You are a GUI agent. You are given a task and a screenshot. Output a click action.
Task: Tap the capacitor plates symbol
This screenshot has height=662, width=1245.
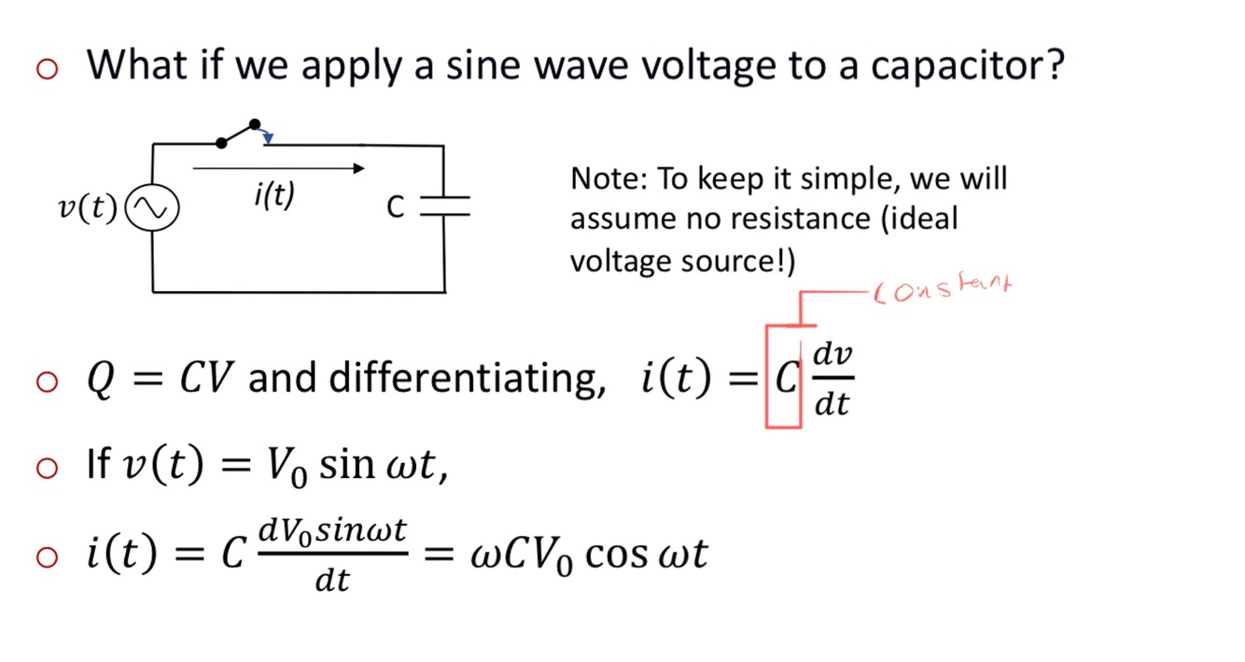click(x=444, y=207)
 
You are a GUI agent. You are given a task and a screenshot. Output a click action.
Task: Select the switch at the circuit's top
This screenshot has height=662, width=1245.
click(x=239, y=134)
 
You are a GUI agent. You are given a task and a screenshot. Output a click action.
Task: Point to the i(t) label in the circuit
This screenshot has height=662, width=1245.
click(x=273, y=195)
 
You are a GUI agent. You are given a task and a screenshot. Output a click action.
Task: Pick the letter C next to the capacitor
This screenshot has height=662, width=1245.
click(x=396, y=208)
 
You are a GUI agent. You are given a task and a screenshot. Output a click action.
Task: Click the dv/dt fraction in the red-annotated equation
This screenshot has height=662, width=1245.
click(x=832, y=378)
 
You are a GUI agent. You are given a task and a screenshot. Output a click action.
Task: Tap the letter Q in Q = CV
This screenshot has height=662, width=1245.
click(x=100, y=378)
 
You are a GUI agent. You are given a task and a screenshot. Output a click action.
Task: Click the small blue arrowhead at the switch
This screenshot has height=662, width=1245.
click(x=268, y=139)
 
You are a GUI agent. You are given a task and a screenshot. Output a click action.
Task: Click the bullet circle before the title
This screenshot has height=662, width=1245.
click(x=48, y=67)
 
